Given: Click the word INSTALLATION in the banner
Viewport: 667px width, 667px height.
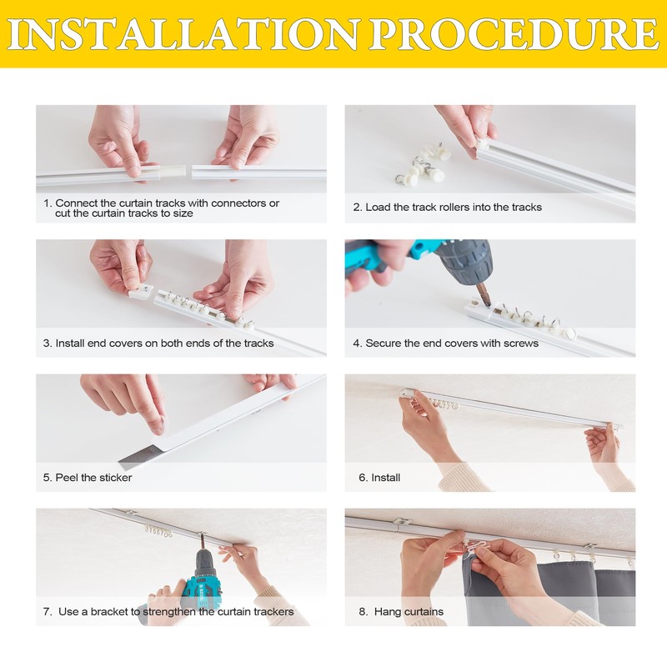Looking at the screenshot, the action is click(x=182, y=34).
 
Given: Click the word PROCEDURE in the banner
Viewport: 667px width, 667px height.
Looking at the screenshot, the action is click(x=514, y=34).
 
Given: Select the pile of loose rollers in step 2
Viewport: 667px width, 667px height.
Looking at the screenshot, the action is click(x=422, y=163).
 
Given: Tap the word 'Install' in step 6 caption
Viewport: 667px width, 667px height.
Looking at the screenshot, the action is click(x=385, y=477).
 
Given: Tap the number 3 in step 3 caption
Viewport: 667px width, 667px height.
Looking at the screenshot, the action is click(x=47, y=343).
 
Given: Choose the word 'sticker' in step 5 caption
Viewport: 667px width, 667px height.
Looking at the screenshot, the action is click(x=114, y=478).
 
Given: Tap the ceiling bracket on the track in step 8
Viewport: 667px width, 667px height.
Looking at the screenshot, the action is click(x=401, y=522).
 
